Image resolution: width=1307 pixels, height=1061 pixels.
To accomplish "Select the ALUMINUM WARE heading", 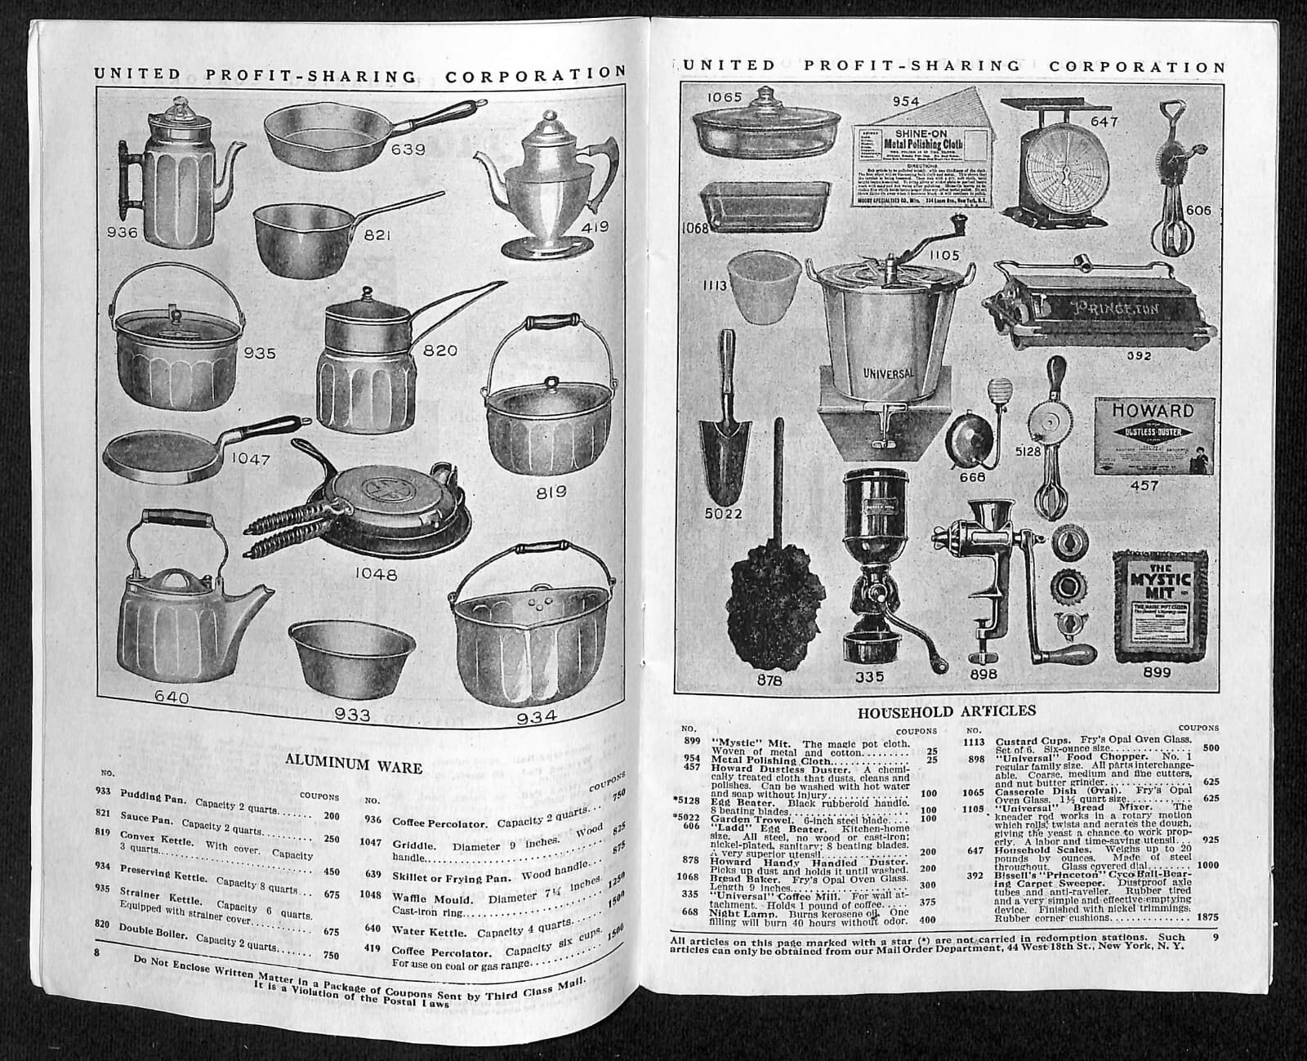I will [x=354, y=767].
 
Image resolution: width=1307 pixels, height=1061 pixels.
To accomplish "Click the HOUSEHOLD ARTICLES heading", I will [x=946, y=711].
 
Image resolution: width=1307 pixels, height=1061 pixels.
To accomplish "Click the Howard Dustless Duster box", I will [x=1153, y=435].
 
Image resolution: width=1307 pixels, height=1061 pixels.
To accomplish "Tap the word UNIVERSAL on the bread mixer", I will [x=889, y=373].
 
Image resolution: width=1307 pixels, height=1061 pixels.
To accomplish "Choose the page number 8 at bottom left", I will [x=97, y=953].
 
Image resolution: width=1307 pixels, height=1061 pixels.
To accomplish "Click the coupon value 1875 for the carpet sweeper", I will [x=1207, y=917].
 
